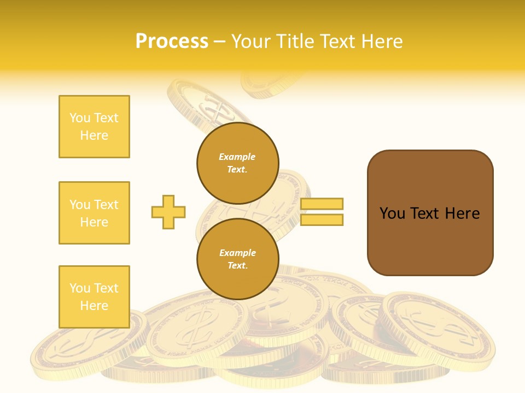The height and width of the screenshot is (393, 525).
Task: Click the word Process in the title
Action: coord(172,41)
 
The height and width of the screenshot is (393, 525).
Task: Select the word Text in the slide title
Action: coord(341,41)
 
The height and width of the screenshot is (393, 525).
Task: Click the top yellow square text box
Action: coord(94,127)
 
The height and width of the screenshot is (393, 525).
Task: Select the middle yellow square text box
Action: coord(94,213)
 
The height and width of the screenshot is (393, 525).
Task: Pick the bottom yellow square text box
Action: coord(94,297)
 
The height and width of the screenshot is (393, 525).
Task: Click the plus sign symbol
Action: coord(168,212)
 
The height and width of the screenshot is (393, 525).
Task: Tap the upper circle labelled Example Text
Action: coord(238,163)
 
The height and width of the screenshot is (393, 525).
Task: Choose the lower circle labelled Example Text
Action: coord(238,259)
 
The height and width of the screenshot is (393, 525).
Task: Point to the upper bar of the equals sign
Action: coord(322,204)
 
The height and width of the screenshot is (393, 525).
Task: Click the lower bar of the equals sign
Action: coord(322,219)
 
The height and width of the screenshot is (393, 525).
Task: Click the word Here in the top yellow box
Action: coord(94,135)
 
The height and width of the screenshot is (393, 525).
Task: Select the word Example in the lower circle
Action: coord(238,253)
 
